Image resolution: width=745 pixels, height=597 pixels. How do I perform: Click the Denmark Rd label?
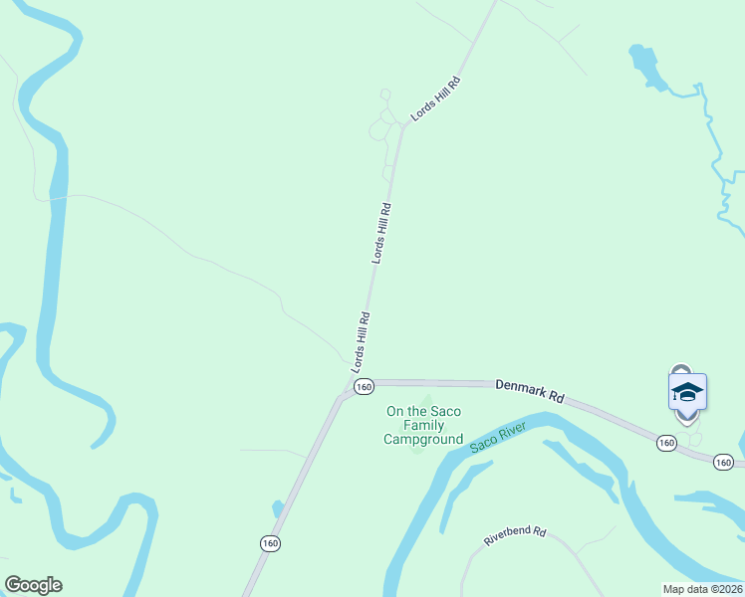point(530,389)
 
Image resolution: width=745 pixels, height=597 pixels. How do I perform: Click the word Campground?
point(424,439)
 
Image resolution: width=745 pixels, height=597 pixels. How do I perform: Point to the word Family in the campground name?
point(424,426)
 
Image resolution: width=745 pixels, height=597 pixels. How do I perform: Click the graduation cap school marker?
point(687,391)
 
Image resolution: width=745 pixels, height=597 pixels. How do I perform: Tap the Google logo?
point(33,585)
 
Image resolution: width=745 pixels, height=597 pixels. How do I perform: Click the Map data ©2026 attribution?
point(702,589)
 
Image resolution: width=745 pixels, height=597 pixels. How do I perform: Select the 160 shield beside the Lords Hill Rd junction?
point(363,386)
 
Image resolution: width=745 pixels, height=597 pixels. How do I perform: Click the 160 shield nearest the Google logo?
point(270,543)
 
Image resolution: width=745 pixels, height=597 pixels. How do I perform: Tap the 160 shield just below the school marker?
point(666,442)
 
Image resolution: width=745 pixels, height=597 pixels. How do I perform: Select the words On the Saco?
point(424,412)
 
